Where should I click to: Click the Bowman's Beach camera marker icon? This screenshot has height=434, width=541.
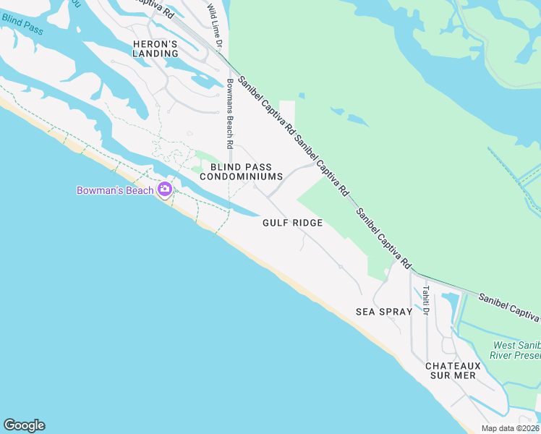pyautogui.click(x=164, y=190)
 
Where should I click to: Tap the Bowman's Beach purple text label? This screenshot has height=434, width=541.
pyautogui.click(x=115, y=190)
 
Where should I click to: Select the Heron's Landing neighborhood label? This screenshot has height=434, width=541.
pyautogui.click(x=156, y=48)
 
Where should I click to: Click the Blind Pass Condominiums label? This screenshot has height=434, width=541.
pyautogui.click(x=240, y=171)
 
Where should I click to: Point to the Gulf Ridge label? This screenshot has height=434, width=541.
pyautogui.click(x=292, y=223)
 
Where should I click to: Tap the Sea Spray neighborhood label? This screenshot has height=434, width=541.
pyautogui.click(x=384, y=312)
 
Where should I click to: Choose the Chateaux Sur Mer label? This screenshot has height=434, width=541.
pyautogui.click(x=452, y=371)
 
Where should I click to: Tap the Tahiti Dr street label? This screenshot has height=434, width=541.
pyautogui.click(x=427, y=301)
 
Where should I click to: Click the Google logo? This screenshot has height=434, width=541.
pyautogui.click(x=24, y=425)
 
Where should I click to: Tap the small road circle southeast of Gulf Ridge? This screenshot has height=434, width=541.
pyautogui.click(x=340, y=267)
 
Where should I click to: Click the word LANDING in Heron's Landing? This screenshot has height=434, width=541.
pyautogui.click(x=156, y=54)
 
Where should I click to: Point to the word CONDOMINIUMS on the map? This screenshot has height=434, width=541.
pyautogui.click(x=240, y=176)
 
